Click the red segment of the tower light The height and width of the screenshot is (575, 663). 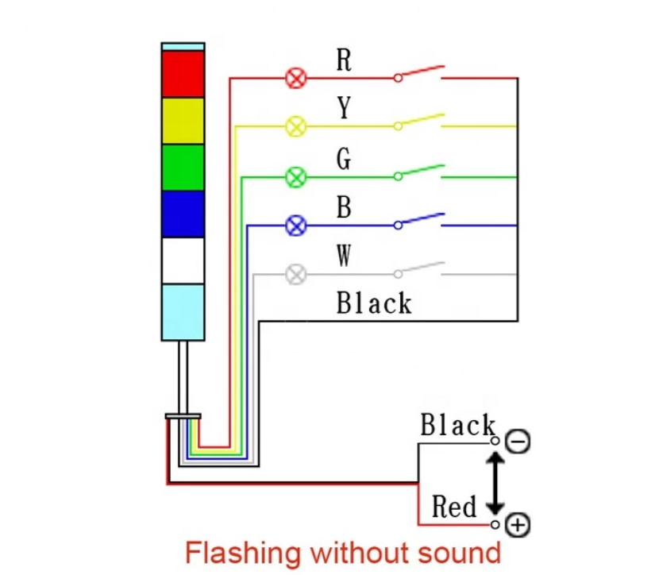(183, 74)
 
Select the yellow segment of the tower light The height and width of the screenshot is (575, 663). (183, 121)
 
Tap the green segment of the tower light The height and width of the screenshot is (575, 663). (183, 168)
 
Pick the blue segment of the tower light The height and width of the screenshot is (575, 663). (183, 214)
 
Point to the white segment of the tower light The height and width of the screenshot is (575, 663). (183, 260)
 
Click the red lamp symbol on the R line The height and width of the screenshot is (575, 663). (296, 78)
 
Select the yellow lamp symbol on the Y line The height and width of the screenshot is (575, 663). (296, 126)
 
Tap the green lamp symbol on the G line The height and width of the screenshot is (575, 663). (296, 176)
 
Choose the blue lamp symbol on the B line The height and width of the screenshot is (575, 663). (296, 226)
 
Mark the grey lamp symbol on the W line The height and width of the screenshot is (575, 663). (296, 275)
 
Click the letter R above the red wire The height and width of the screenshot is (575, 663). (344, 60)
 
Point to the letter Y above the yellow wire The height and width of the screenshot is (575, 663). (344, 108)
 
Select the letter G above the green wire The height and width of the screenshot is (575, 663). (344, 159)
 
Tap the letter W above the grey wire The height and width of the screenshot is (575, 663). (344, 257)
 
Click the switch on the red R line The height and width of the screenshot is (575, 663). (418, 73)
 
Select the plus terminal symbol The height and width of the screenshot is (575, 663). (517, 524)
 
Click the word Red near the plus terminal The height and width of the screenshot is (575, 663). (454, 507)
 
